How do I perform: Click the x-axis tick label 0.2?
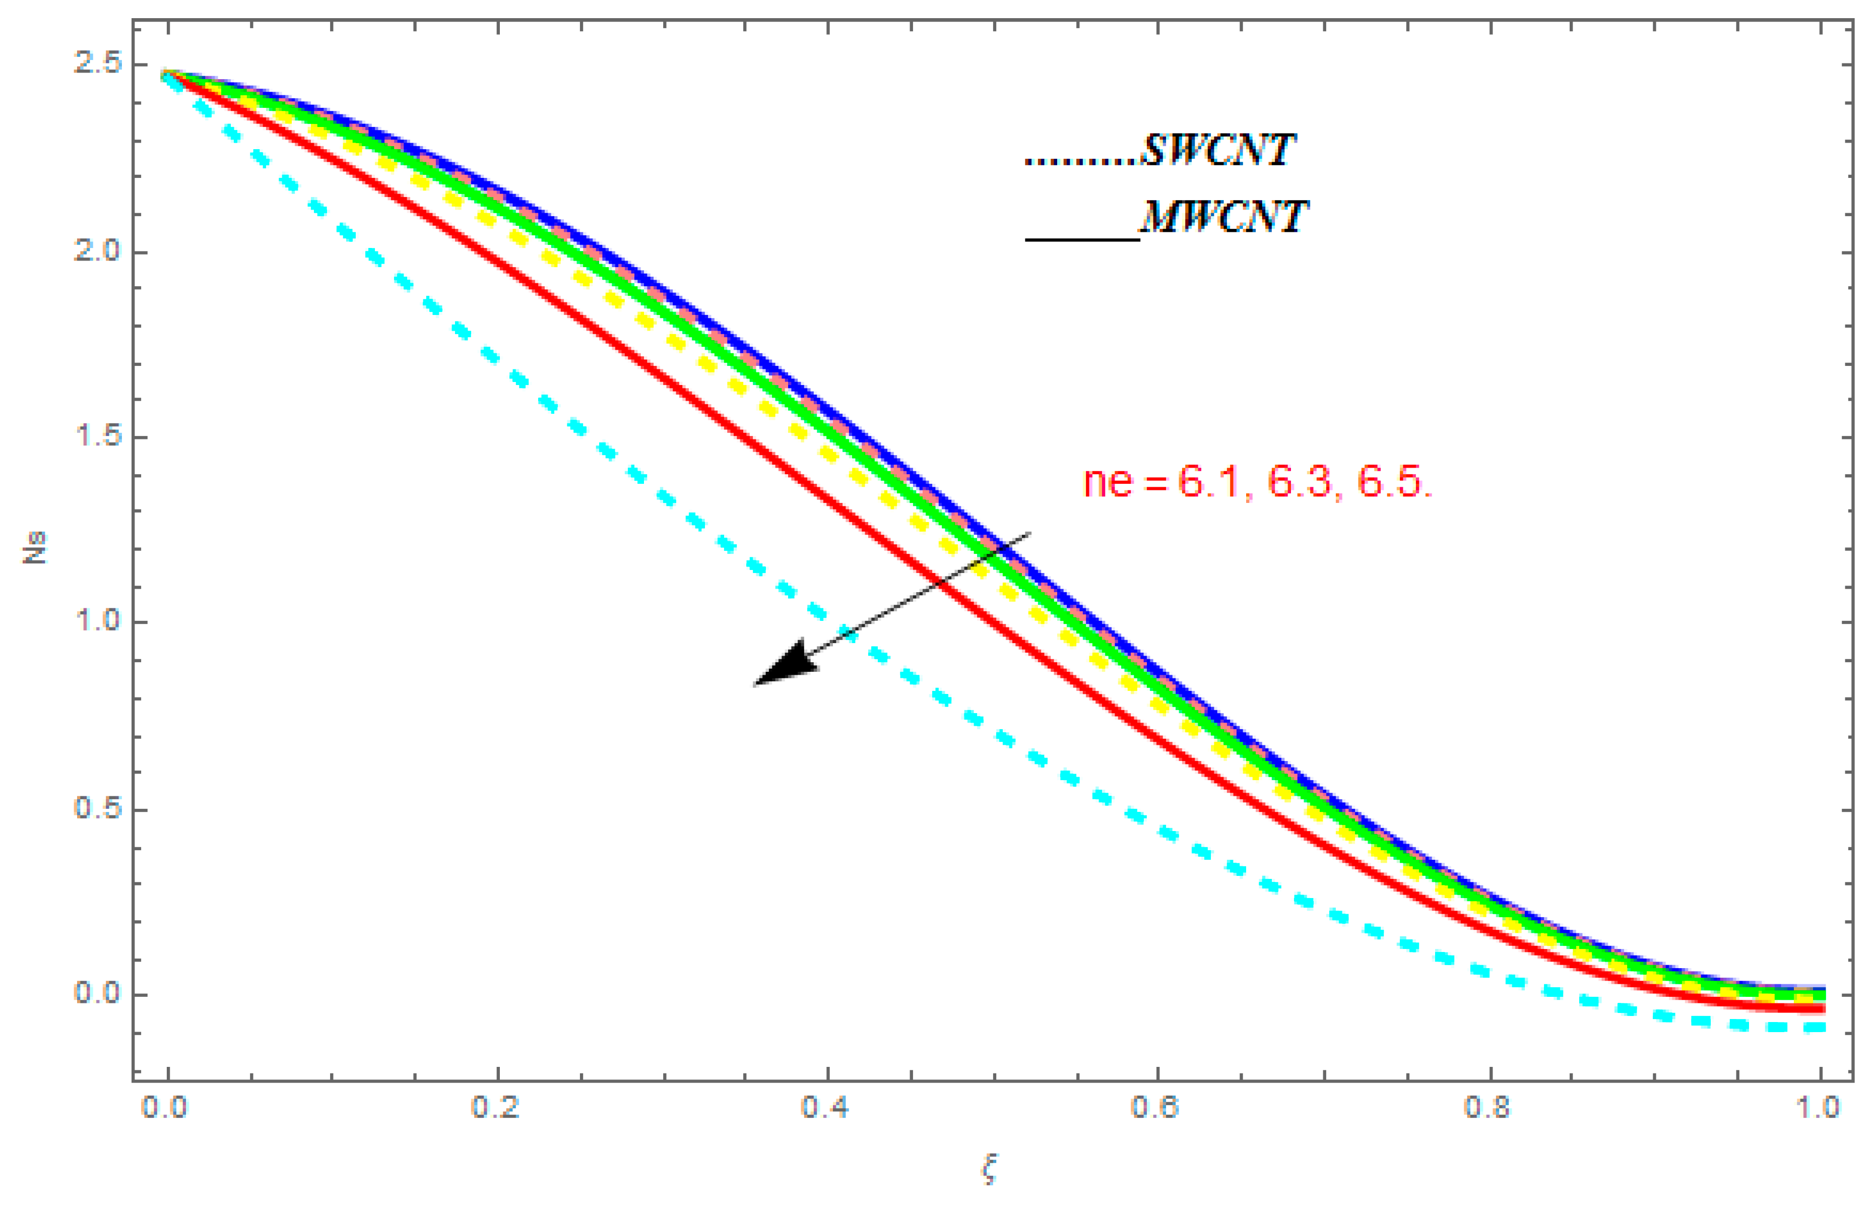[x=496, y=1108]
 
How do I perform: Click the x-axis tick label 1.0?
[x=1818, y=1108]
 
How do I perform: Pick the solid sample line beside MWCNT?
[x=1082, y=238]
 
